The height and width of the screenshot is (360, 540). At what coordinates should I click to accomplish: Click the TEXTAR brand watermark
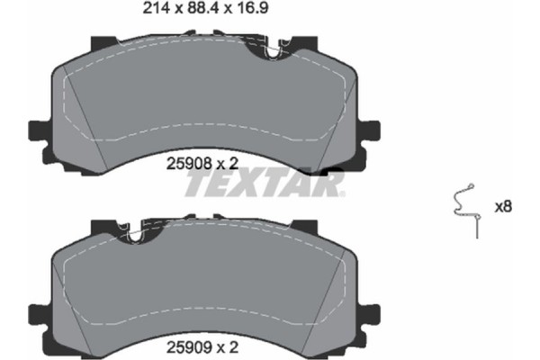click(264, 184)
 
